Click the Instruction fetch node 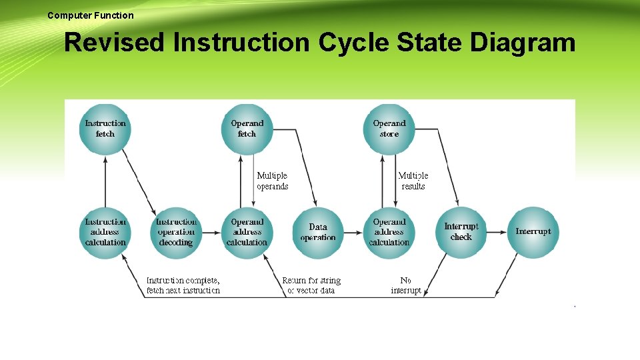point(105,129)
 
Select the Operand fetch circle point(247,129)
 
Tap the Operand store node point(389,129)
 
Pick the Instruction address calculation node point(105,232)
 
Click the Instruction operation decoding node point(176,232)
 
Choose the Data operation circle point(318,232)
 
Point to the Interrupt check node point(461,232)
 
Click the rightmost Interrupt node point(533,232)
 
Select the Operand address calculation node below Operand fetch point(247,232)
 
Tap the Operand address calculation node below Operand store point(389,232)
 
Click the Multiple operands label point(272,181)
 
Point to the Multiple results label point(413,181)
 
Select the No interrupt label point(405,285)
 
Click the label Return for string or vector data point(311,285)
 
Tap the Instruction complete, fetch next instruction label point(183,285)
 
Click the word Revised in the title point(114,43)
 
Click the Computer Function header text point(91,15)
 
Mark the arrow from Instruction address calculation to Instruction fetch point(105,180)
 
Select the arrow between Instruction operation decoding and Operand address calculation point(211,232)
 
